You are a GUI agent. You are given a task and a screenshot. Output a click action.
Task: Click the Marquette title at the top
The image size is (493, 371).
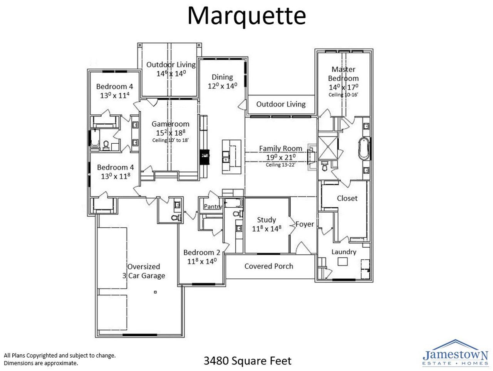click(x=246, y=16)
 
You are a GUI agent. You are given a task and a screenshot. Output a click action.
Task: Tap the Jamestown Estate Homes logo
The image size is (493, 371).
click(x=455, y=352)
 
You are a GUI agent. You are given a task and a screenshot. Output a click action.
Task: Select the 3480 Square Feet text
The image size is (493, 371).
click(x=247, y=361)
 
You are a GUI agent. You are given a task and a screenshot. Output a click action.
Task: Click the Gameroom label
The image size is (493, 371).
click(x=170, y=124)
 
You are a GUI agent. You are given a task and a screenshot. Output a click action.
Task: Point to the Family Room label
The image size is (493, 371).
click(x=280, y=148)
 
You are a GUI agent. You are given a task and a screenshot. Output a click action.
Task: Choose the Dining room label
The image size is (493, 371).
click(x=222, y=77)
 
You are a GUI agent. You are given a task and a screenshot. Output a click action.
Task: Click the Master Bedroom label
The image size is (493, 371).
click(x=343, y=74)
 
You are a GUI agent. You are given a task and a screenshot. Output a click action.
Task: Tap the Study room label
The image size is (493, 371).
click(x=267, y=220)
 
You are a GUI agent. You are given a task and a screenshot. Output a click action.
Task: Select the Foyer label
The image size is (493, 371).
click(x=305, y=224)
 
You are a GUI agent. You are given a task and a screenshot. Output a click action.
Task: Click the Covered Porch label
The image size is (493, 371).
click(x=269, y=266)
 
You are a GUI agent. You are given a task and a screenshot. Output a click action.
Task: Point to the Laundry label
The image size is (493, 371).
click(x=344, y=252)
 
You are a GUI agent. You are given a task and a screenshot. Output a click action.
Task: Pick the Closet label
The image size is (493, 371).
click(x=347, y=198)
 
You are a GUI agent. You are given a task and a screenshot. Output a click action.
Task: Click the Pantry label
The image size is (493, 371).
click(x=213, y=207)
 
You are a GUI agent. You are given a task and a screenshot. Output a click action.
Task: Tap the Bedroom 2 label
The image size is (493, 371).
click(x=201, y=253)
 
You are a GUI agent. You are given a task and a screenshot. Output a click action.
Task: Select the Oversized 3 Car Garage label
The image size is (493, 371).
click(x=144, y=271)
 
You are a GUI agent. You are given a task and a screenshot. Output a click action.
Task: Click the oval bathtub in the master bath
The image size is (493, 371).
click(x=364, y=149)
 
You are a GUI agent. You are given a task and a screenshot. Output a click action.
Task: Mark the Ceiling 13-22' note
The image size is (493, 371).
click(x=280, y=165)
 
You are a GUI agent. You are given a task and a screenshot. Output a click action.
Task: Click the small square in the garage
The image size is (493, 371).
click(x=155, y=292)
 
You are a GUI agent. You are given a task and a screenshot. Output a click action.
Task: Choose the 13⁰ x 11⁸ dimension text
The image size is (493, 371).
click(x=116, y=176)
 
